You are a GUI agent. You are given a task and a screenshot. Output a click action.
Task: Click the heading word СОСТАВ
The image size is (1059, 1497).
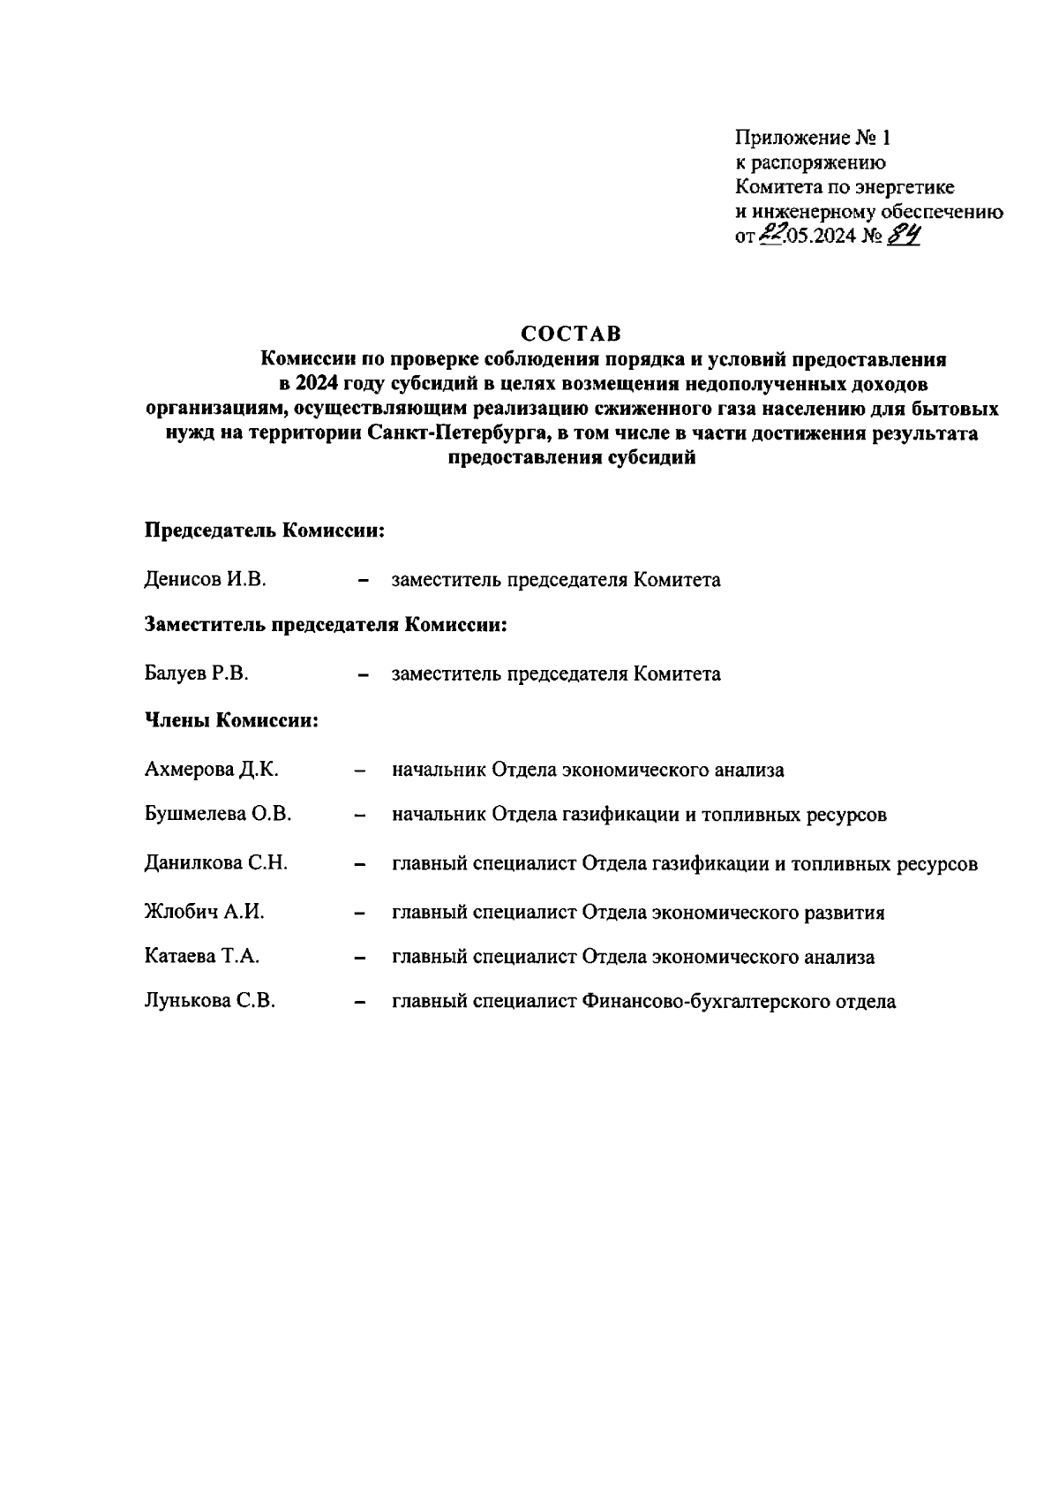571,335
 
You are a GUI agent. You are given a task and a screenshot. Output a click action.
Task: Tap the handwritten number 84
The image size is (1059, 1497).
904,235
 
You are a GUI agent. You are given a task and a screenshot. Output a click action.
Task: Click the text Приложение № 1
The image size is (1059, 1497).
813,139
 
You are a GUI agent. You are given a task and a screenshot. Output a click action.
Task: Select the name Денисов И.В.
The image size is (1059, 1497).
205,580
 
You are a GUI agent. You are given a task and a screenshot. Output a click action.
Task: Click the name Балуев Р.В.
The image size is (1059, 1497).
196,674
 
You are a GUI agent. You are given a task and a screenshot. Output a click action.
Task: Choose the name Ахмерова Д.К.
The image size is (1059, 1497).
211,770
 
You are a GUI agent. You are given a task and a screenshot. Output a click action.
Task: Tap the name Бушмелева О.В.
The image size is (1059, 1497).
217,815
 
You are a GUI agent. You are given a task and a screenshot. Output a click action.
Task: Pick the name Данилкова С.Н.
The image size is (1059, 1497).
215,863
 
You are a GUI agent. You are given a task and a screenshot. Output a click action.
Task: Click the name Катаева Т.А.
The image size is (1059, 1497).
201,957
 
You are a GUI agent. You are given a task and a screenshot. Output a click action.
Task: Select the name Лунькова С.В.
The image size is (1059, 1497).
209,1002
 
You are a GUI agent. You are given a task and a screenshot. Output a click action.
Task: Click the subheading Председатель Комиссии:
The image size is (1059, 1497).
266,531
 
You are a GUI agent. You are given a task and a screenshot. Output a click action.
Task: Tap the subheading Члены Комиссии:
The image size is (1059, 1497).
231,721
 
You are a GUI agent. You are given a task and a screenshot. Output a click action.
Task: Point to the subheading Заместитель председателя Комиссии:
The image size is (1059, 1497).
326,626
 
